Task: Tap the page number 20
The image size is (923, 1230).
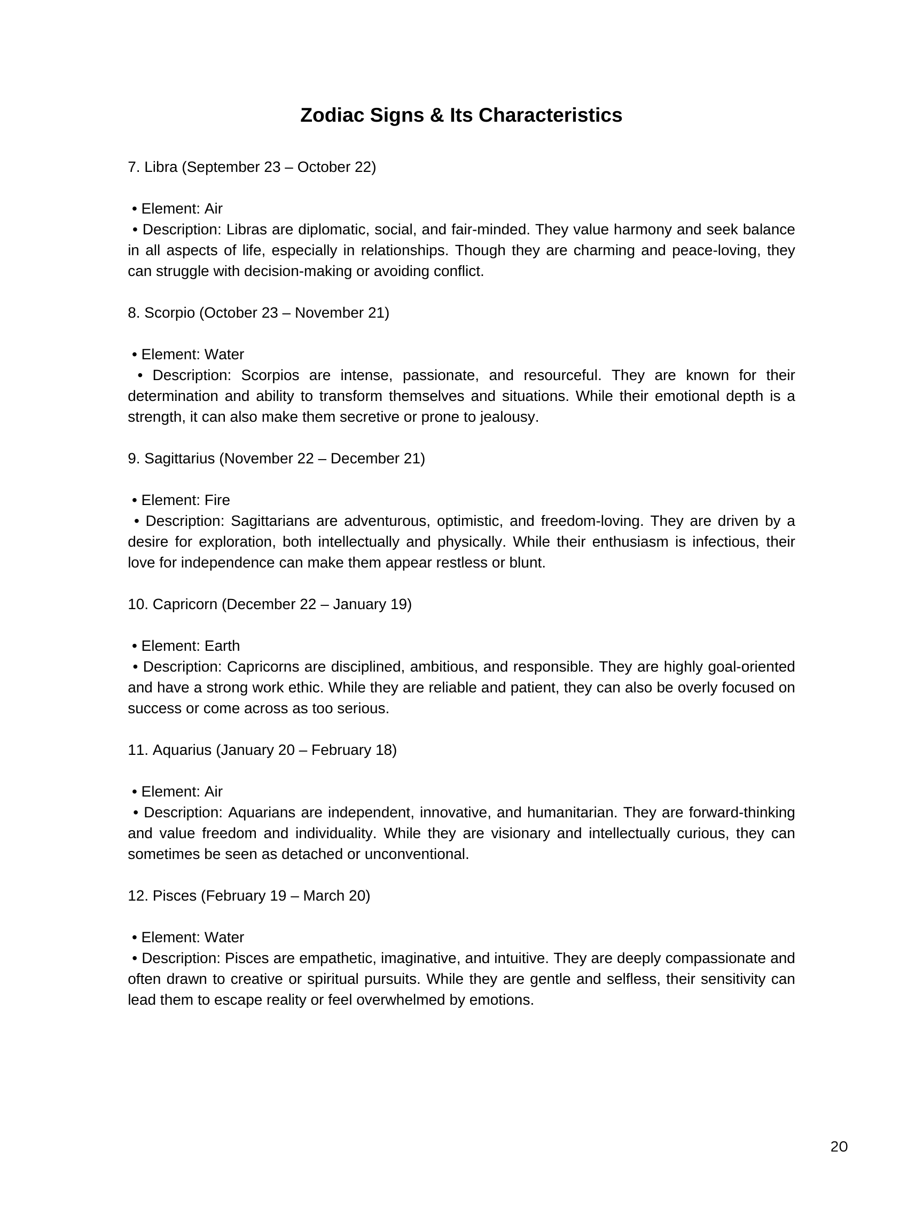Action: (839, 1147)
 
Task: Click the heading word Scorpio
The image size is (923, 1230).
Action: (170, 312)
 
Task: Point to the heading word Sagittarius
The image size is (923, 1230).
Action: (179, 458)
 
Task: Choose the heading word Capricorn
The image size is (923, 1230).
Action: (185, 604)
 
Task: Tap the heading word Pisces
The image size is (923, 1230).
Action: (174, 895)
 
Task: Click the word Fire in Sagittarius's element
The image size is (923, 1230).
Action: (217, 500)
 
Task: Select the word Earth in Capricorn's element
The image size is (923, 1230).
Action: (222, 645)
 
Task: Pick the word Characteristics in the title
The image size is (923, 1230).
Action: (550, 115)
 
